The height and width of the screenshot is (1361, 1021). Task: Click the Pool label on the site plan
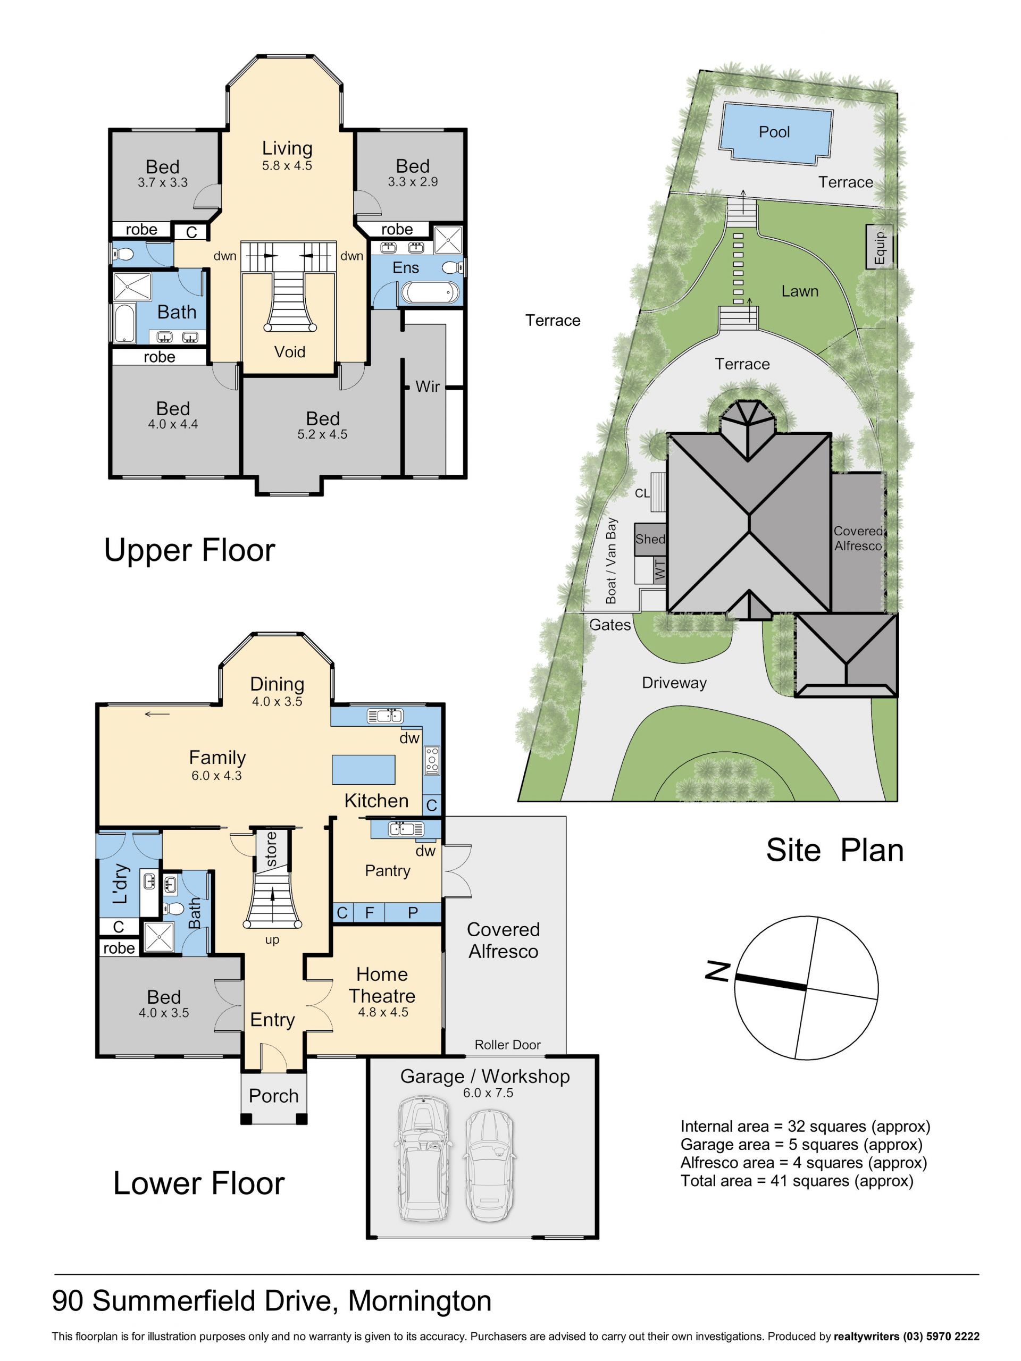pos(774,132)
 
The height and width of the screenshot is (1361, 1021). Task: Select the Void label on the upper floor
pos(289,351)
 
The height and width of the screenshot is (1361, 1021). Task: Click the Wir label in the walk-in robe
pos(427,387)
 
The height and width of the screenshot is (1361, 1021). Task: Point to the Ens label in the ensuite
pos(406,267)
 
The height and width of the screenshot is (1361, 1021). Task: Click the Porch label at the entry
pos(273,1096)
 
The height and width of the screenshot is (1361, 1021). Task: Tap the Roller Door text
pos(507,1045)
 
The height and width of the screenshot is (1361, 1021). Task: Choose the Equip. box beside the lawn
pos(879,247)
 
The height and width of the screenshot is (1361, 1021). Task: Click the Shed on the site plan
pos(650,539)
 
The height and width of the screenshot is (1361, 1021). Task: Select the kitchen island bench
pos(363,770)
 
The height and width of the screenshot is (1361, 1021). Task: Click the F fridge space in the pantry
pos(369,912)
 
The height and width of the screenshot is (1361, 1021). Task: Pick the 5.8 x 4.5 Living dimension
pos(287,165)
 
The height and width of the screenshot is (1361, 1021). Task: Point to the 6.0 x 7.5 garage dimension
pos(488,1093)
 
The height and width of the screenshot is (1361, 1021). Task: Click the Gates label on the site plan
pos(610,625)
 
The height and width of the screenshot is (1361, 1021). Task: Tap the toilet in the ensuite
pos(453,267)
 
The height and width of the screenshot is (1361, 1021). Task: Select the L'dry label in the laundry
pos(121,884)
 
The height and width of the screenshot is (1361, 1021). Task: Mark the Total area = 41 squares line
pos(797,1181)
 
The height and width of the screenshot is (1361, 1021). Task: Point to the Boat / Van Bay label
pos(610,560)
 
